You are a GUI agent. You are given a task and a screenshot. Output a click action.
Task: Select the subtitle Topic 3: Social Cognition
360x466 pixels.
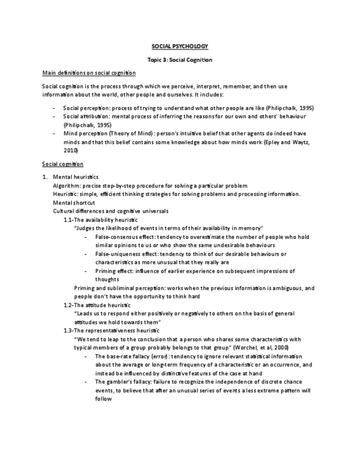coord(180,59)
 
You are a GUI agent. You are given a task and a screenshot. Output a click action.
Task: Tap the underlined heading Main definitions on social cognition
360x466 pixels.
coord(89,73)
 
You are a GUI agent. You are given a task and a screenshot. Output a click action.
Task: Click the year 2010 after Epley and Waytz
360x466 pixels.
coord(70,150)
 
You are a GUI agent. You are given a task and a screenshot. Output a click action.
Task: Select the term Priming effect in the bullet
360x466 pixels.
coord(113,271)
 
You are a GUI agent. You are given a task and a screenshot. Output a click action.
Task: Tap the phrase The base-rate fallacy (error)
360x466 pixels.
coord(129,356)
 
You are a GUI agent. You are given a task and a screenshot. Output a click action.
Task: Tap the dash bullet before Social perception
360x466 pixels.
coord(54,108)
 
